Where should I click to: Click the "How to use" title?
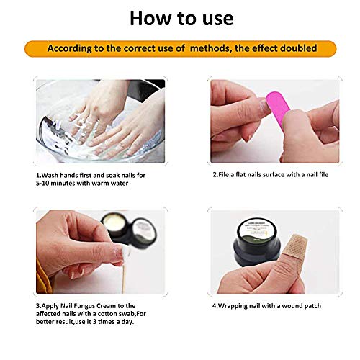coord(179,17)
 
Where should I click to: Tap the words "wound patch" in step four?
coord(304,305)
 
